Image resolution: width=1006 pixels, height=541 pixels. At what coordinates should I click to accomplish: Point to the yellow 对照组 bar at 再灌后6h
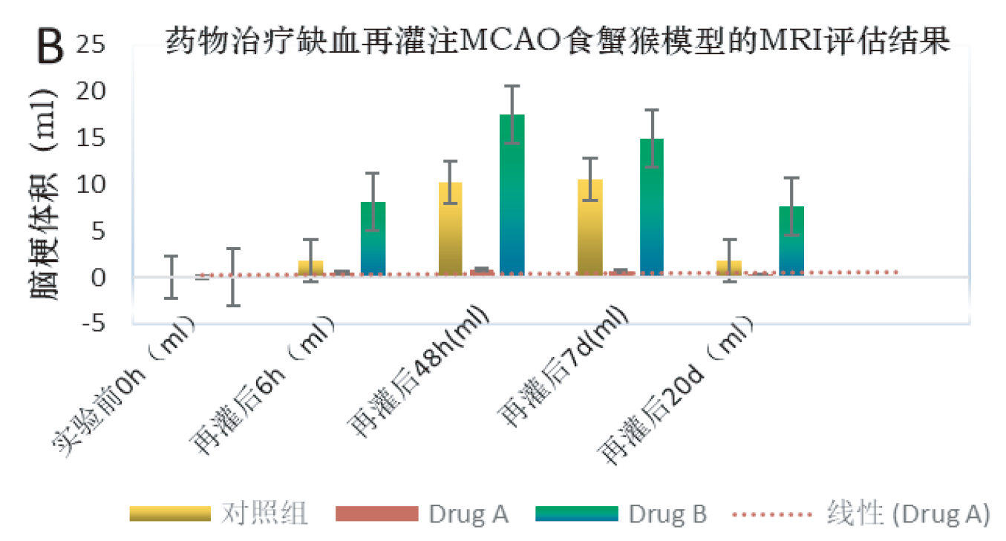tap(310, 268)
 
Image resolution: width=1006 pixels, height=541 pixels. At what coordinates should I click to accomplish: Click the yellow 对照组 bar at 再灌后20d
tap(729, 268)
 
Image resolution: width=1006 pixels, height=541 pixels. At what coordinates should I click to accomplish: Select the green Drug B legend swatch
tap(589, 514)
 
